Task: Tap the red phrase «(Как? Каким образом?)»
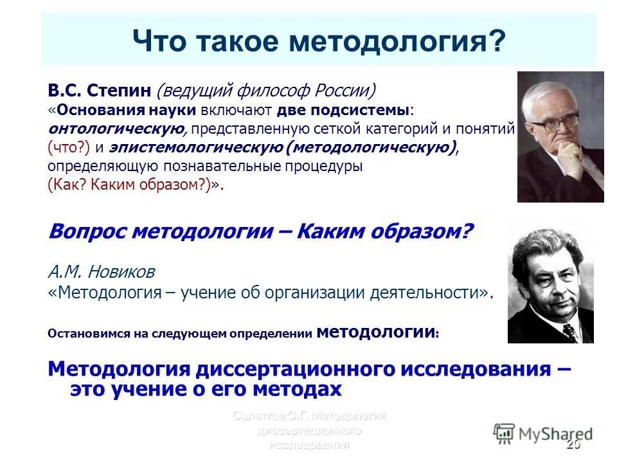[131, 185]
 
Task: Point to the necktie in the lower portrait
[569, 332]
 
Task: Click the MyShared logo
[542, 433]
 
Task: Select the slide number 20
[573, 445]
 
